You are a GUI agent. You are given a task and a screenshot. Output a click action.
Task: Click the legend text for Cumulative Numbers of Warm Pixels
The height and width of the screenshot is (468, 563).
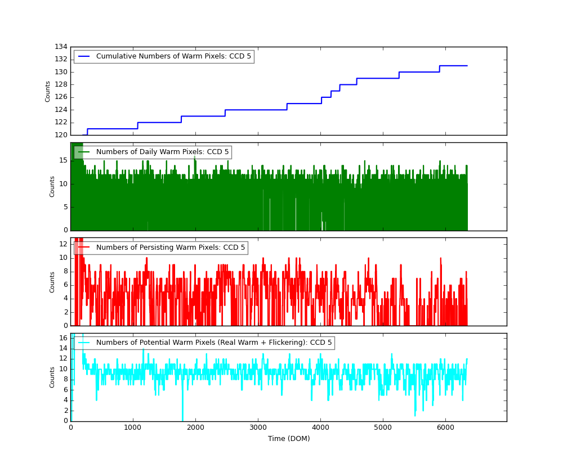coord(173,56)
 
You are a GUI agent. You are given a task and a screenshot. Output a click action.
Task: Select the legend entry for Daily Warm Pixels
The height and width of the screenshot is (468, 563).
coord(162,152)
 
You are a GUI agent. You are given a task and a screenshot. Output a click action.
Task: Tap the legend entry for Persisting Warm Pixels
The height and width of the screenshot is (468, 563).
coord(171,247)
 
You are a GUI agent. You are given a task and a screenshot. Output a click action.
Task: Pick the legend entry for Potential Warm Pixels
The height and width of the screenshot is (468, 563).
coord(214,343)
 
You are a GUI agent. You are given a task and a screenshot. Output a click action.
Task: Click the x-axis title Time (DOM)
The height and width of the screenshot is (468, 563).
coord(289,439)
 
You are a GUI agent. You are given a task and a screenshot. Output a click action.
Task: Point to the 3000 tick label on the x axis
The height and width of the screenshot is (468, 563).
coord(258,427)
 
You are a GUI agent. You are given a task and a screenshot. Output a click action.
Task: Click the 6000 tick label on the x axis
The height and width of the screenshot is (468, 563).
coord(445,427)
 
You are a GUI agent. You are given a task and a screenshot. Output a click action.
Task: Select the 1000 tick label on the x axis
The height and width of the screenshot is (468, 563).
coord(133,427)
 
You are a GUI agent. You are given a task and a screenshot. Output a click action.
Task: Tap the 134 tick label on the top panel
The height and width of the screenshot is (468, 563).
coord(61,47)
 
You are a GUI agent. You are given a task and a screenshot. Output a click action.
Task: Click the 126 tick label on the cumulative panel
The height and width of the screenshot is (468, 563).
coord(61,97)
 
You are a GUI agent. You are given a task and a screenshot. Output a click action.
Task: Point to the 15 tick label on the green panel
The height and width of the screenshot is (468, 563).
coord(64,160)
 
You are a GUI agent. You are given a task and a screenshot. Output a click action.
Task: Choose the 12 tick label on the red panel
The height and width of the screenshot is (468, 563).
coord(64,244)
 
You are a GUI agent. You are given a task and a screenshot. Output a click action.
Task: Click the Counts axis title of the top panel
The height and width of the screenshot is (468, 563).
coord(48,91)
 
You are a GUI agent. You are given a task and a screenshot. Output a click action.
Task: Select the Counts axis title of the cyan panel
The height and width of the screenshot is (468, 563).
coord(52,377)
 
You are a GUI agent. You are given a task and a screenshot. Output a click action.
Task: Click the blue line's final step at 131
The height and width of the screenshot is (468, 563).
coord(453,66)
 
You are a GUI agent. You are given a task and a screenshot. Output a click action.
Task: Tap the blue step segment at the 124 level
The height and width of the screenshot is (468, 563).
coord(256,110)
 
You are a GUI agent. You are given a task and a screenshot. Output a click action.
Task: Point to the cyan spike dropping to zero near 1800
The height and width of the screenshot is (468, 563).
coord(182,419)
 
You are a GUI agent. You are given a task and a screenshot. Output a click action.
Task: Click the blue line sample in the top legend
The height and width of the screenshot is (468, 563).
coord(84,57)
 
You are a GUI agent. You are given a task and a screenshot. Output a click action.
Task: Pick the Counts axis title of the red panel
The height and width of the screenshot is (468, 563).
coord(52,282)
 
